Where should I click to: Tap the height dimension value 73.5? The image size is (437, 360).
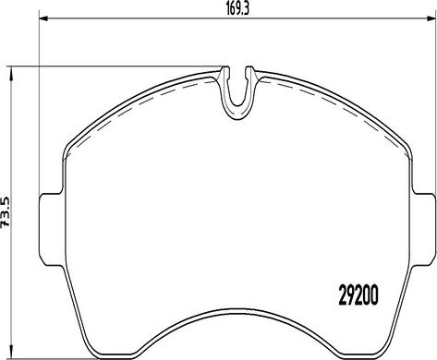pos(8,209)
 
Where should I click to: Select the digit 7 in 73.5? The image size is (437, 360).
pos(8,223)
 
